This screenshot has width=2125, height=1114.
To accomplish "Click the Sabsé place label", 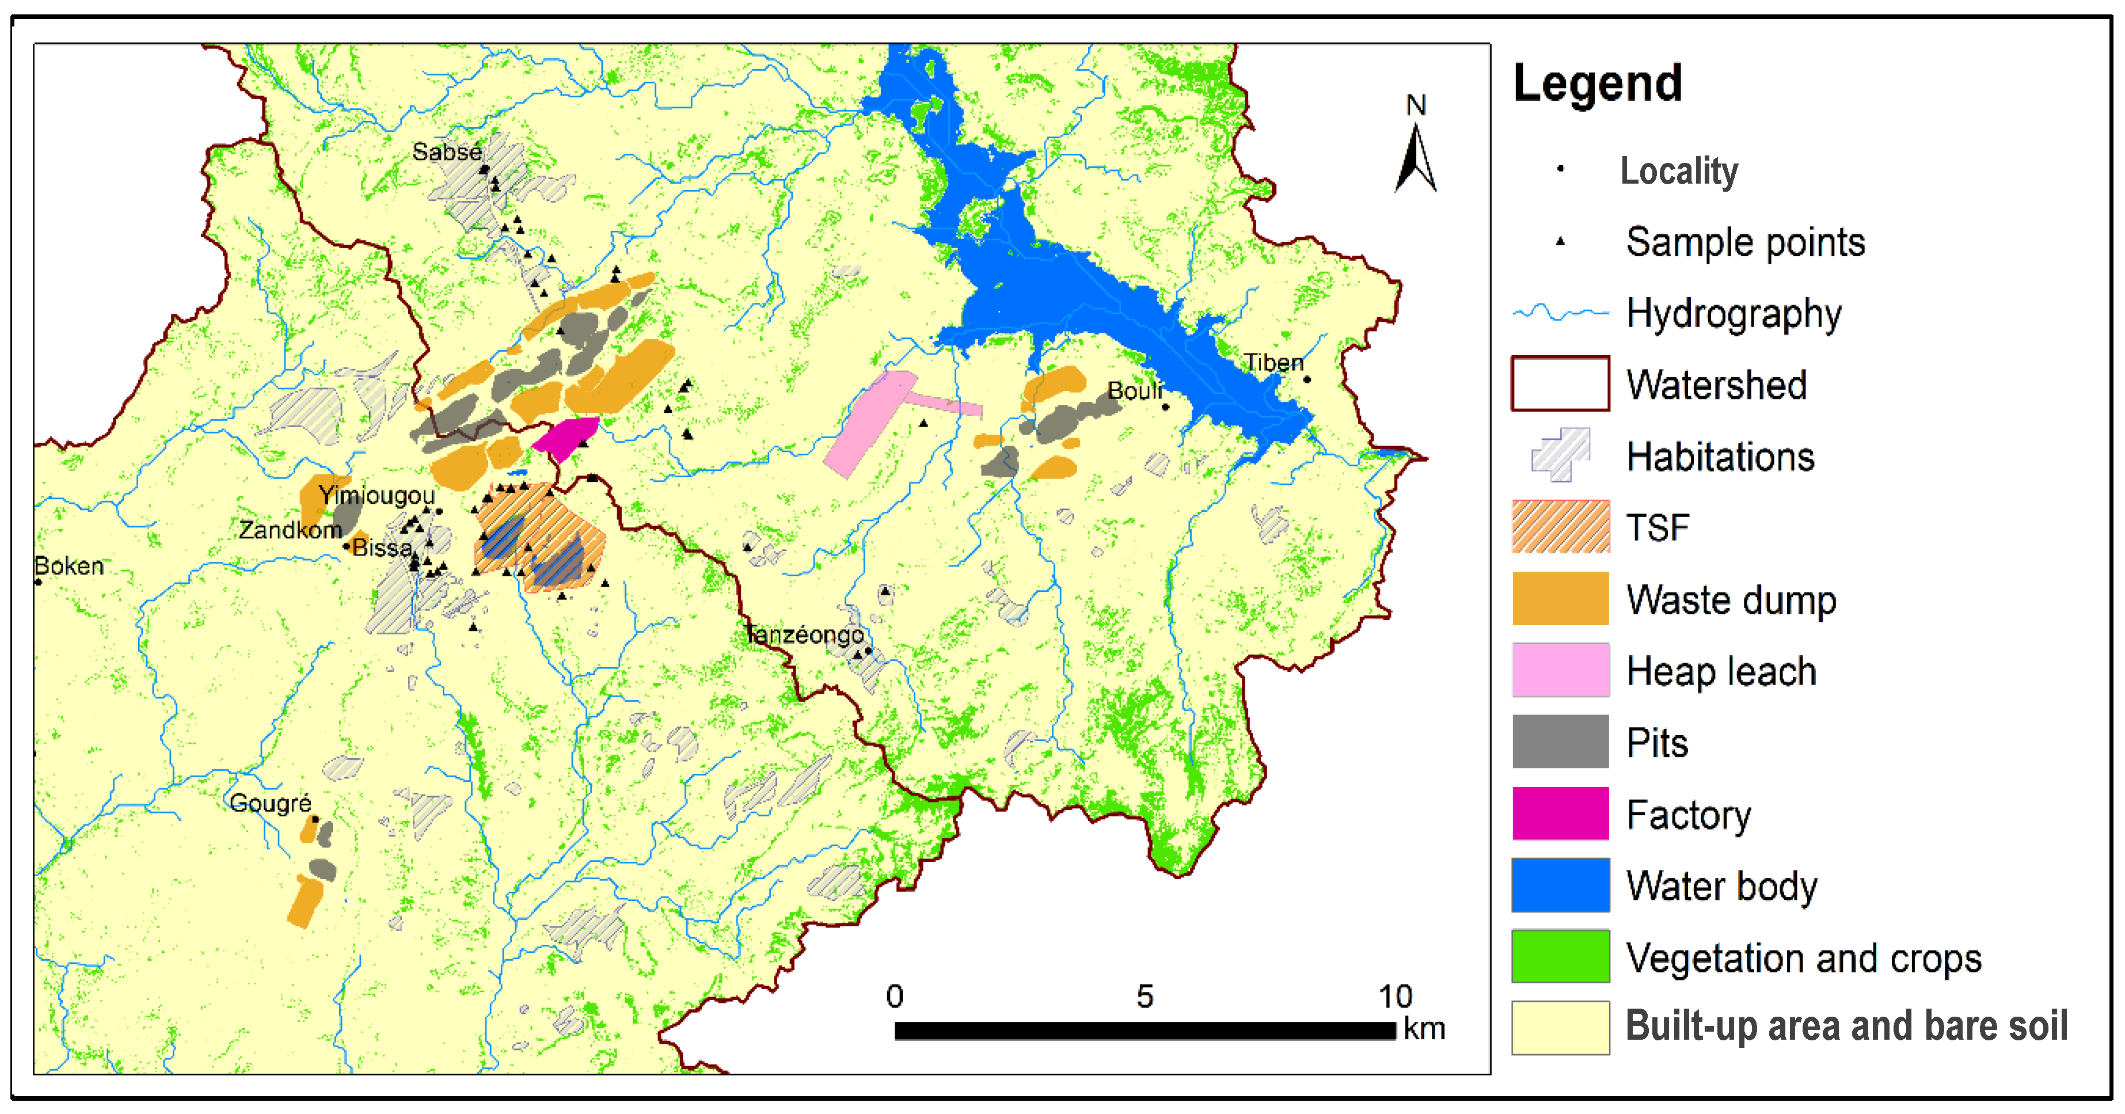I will (446, 152).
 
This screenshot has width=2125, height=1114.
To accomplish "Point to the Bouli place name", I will (1134, 390).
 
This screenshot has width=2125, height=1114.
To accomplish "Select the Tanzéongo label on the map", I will (804, 634).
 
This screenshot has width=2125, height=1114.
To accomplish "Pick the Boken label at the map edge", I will (69, 566).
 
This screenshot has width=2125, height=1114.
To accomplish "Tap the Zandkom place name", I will (290, 530).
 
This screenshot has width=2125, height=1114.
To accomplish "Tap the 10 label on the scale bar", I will (1395, 997).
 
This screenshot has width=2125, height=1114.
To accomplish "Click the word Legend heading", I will (1597, 83).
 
